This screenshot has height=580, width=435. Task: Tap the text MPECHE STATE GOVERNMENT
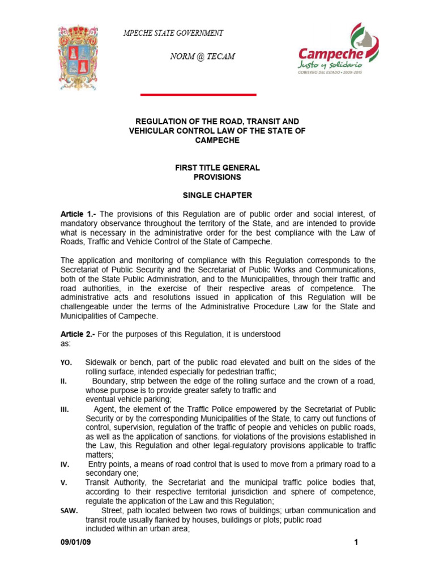click(x=173, y=33)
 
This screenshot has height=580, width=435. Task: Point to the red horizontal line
click(x=198, y=95)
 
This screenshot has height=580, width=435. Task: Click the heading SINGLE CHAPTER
click(x=217, y=195)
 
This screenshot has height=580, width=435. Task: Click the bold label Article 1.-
click(x=79, y=214)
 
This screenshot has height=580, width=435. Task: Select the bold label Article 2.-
click(x=78, y=334)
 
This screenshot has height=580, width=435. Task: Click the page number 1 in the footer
click(x=356, y=543)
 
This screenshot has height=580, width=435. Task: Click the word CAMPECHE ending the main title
click(x=217, y=140)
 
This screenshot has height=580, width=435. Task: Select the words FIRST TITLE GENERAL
click(x=217, y=168)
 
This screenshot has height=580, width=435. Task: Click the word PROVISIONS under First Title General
click(x=217, y=177)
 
